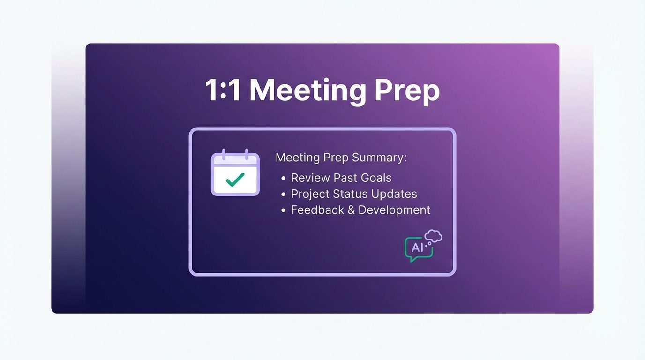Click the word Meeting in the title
tap(307, 91)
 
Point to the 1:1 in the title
tap(223, 90)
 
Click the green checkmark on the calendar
tap(235, 180)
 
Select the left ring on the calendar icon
tap(224, 154)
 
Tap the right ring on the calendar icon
tap(247, 154)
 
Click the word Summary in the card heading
tap(379, 158)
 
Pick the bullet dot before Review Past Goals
tap(283, 179)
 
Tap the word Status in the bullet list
tap(350, 194)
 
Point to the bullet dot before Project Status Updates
tap(283, 195)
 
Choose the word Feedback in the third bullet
tap(317, 210)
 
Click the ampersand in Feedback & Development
tap(351, 210)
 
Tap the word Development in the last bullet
tap(394, 210)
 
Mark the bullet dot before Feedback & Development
tap(283, 211)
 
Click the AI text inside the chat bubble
tap(417, 247)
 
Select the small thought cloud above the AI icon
tap(433, 236)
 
